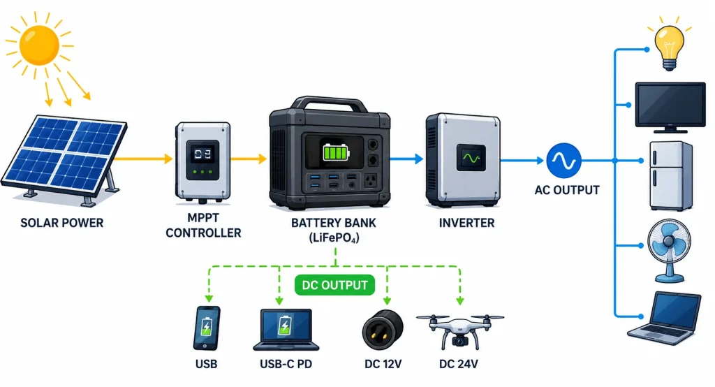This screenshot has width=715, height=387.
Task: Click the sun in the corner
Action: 39,45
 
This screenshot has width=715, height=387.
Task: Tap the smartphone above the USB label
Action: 207,328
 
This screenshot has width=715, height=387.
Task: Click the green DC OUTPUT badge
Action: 334,285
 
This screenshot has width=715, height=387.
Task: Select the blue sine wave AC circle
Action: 563,160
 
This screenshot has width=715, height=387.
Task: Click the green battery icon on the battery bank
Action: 336,152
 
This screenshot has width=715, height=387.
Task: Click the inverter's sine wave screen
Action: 471,159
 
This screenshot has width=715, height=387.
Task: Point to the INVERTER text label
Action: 466,223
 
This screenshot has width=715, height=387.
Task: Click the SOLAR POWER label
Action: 62,223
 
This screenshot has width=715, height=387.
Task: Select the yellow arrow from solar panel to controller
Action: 142,159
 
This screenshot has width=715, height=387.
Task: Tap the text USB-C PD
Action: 286,364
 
